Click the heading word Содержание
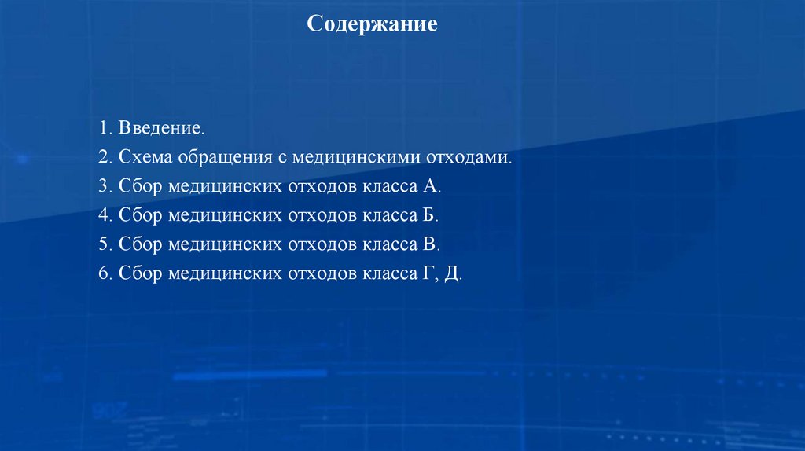(x=372, y=24)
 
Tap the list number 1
(x=103, y=127)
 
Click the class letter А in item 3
(x=430, y=185)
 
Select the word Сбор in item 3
(x=140, y=185)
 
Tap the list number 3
(x=104, y=185)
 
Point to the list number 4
(x=104, y=214)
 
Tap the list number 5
(x=104, y=244)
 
